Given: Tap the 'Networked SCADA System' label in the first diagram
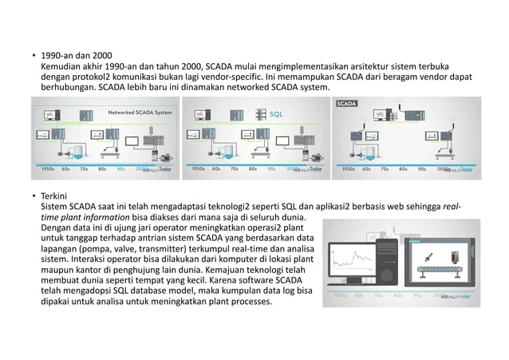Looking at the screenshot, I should [x=139, y=113].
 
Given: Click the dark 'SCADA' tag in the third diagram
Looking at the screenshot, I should [x=349, y=104].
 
